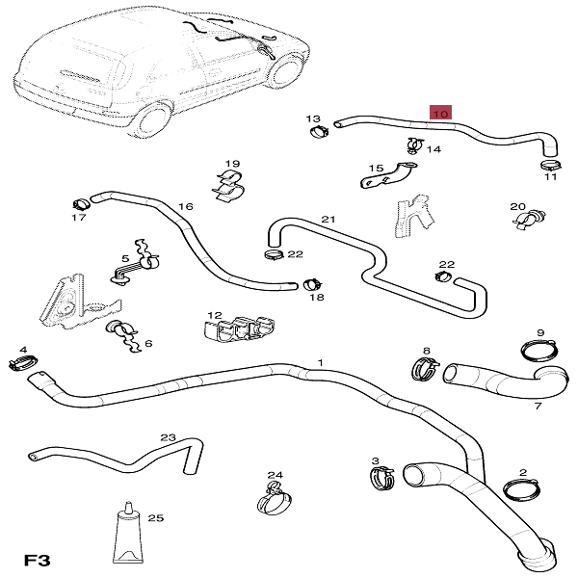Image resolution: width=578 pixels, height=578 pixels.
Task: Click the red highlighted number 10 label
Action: click(x=441, y=114)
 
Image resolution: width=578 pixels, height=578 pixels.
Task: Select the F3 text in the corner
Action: click(x=37, y=560)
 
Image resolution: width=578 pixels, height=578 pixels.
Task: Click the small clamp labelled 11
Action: click(x=549, y=165)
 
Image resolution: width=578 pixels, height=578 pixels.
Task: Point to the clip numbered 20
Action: click(x=527, y=220)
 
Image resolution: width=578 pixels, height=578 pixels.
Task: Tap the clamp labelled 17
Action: click(x=80, y=203)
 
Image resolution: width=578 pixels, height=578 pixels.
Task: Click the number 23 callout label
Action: click(x=169, y=438)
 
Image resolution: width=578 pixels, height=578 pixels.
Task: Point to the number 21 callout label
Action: click(x=328, y=221)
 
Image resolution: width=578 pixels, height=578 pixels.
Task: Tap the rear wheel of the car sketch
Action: click(x=151, y=121)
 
